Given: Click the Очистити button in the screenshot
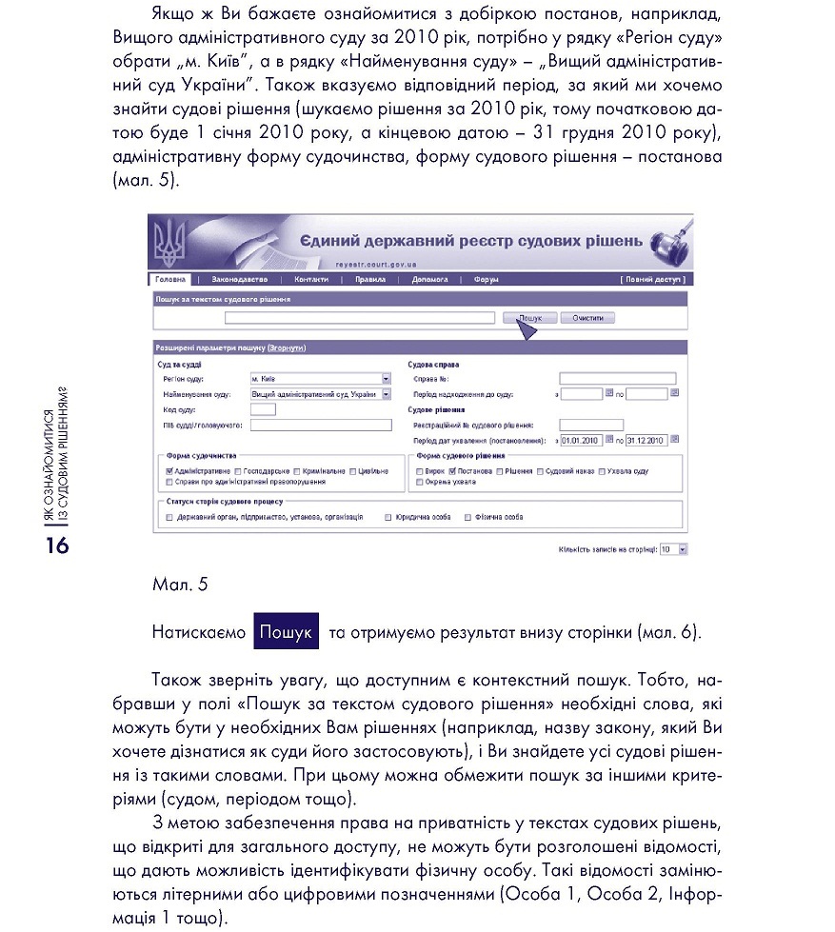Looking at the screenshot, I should [x=587, y=318].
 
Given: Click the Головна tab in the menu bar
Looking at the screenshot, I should [x=171, y=280].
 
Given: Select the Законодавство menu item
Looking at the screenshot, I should [x=240, y=280].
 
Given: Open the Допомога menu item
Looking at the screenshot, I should [x=429, y=280].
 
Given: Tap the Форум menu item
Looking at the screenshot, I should [x=486, y=280].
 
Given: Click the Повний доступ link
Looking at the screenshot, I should [x=651, y=280].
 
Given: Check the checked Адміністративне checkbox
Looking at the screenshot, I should [x=169, y=471].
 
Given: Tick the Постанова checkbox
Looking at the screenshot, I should [x=452, y=471].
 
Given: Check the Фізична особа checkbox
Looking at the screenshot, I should [x=467, y=518].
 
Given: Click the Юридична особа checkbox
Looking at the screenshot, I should [x=388, y=518].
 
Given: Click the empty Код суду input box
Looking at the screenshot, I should [x=262, y=409].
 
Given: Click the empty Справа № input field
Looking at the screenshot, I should [x=617, y=378].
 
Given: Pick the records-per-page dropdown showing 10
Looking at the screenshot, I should [x=673, y=549].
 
